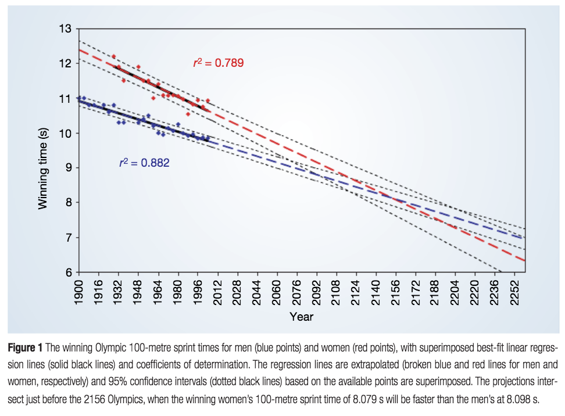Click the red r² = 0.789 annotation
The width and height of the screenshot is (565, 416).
tap(218, 63)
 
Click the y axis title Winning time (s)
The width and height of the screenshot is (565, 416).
tap(43, 168)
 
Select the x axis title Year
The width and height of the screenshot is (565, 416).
tap(302, 317)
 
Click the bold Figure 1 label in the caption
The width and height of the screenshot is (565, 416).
tap(24, 349)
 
